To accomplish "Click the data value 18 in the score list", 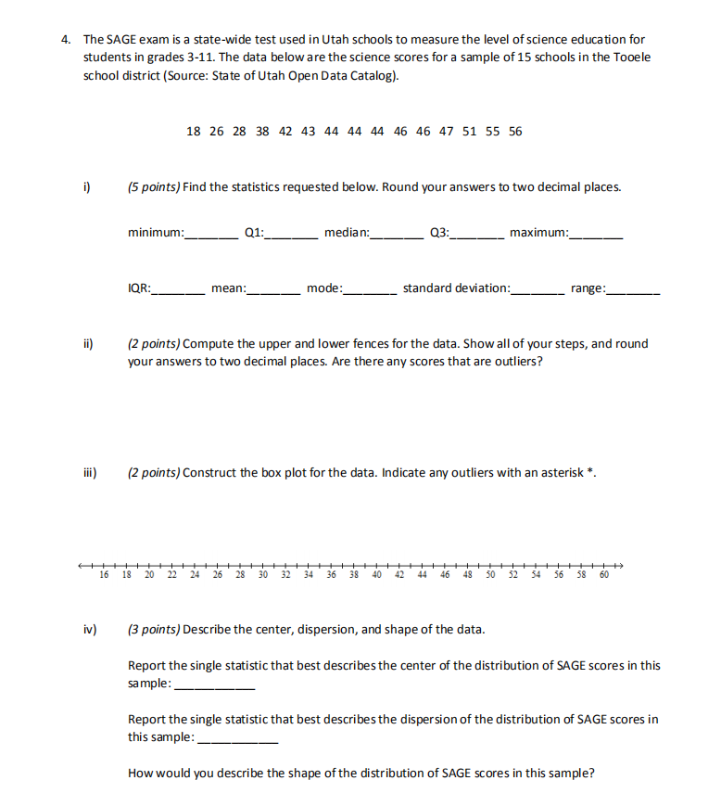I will pyautogui.click(x=193, y=131).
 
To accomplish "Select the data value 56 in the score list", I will pyautogui.click(x=515, y=131).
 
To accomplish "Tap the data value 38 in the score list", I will pyautogui.click(x=262, y=131).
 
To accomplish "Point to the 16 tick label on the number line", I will pyautogui.click(x=104, y=575).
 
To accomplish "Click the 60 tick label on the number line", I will pyautogui.click(x=604, y=575).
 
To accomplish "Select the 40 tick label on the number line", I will pyautogui.click(x=376, y=575).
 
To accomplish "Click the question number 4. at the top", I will pyautogui.click(x=66, y=41).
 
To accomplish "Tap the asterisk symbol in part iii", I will pyautogui.click(x=591, y=471).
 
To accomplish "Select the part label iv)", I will pyautogui.click(x=90, y=630).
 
